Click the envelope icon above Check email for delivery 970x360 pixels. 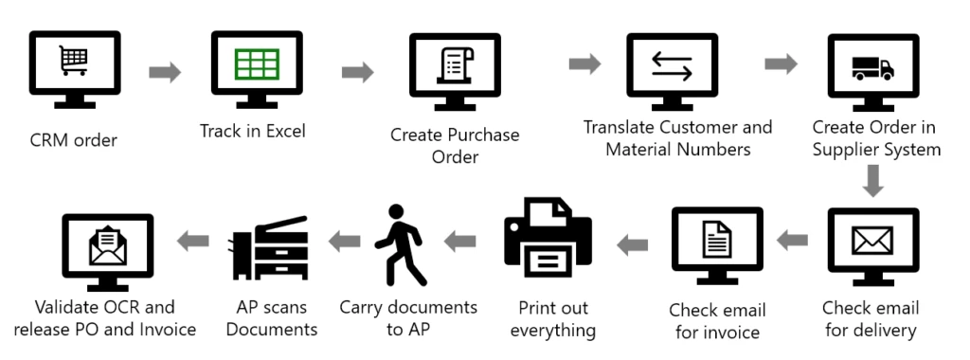pyautogui.click(x=872, y=242)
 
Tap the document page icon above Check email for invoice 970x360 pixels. pyautogui.click(x=717, y=241)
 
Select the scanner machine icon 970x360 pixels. pyautogui.click(x=268, y=245)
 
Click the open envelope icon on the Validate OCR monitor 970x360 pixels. pyautogui.click(x=107, y=245)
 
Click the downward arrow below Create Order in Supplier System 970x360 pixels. pyautogui.click(x=873, y=180)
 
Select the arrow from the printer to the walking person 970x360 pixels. pyautogui.click(x=460, y=242)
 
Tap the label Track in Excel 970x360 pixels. pyautogui.click(x=252, y=131)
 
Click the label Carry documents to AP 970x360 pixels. pyautogui.click(x=408, y=318)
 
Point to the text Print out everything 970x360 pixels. pyautogui.click(x=553, y=319)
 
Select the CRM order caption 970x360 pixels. pyautogui.click(x=73, y=141)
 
